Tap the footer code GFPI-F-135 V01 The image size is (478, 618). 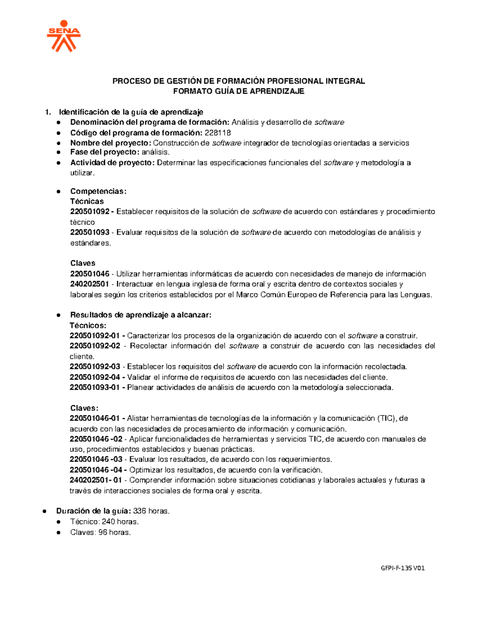tap(403, 568)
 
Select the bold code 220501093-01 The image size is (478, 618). tap(95, 388)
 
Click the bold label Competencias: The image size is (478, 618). tap(98, 191)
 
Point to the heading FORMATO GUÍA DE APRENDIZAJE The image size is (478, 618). tap(239, 91)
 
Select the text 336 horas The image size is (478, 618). tap(151, 511)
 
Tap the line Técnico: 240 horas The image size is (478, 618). tap(104, 522)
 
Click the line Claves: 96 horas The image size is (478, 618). tap(101, 532)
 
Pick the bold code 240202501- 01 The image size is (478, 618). tap(96, 480)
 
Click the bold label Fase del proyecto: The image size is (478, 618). tap(105, 152)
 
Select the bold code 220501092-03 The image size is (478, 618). tap(95, 367)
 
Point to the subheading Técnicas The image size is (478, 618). tap(87, 201)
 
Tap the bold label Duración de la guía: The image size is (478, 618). tap(94, 511)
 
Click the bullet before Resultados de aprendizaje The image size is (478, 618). tap(59, 315)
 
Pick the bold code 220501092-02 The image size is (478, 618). tap(95, 346)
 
